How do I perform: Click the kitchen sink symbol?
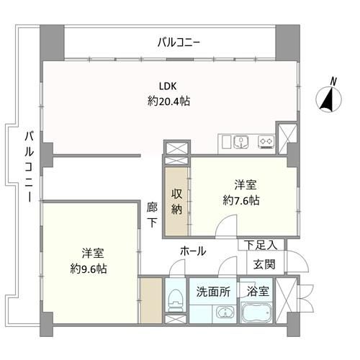point(241,142)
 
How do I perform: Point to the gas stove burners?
point(266,142)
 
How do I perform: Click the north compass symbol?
point(328,99)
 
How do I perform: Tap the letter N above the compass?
point(333,81)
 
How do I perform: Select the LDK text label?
point(168,86)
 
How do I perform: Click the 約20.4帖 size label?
point(168,102)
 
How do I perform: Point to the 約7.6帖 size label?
point(241,200)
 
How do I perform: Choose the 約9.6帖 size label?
point(89,269)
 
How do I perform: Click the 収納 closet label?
point(176,202)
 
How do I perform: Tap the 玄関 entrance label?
point(264,264)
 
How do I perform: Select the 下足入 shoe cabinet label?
point(261,245)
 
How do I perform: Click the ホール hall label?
point(193,251)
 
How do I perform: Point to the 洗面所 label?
point(213,292)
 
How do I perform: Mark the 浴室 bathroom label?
point(258,292)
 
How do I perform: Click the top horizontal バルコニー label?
point(179,43)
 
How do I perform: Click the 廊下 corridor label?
point(152,215)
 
